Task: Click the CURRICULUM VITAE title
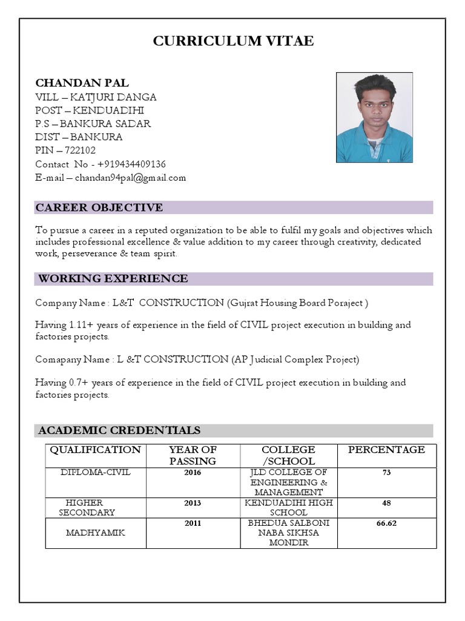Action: pyautogui.click(x=233, y=41)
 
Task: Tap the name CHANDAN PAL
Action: pyautogui.click(x=82, y=83)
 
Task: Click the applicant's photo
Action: pyautogui.click(x=374, y=118)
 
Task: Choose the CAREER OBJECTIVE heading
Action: pyautogui.click(x=99, y=207)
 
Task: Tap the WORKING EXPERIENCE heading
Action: pyautogui.click(x=113, y=278)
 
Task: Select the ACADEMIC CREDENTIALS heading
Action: pyautogui.click(x=119, y=431)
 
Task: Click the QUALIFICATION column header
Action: pyautogui.click(x=95, y=450)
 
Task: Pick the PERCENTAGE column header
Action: pyautogui.click(x=386, y=450)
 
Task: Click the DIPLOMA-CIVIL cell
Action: pyautogui.click(x=95, y=472)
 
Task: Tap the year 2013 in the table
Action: pyautogui.click(x=193, y=503)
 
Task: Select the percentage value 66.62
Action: pyautogui.click(x=386, y=523)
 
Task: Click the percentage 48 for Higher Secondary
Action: pyautogui.click(x=386, y=503)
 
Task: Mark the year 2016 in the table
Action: pyautogui.click(x=193, y=472)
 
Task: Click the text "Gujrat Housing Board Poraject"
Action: pyautogui.click(x=297, y=303)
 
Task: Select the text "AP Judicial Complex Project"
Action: pyautogui.click(x=295, y=360)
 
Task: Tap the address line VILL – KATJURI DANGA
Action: pyautogui.click(x=96, y=97)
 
